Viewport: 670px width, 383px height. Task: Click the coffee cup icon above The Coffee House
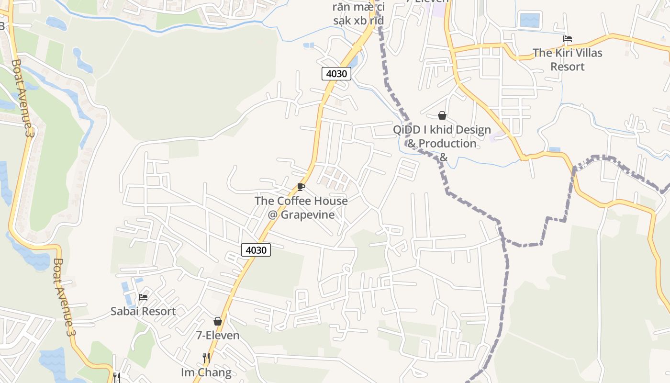tap(301, 187)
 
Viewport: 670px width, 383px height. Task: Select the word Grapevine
tap(308, 214)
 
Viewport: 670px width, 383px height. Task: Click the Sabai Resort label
tap(143, 311)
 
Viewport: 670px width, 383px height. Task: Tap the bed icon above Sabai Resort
tap(143, 297)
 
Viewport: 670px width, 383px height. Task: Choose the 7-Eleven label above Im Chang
tap(218, 335)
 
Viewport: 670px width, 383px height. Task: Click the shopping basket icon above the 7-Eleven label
tap(218, 321)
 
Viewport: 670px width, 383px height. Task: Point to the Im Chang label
tap(206, 372)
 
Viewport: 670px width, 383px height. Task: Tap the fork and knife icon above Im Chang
tap(206, 358)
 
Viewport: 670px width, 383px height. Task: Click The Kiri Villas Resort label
tap(568, 59)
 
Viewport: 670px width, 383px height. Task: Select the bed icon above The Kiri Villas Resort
tap(568, 39)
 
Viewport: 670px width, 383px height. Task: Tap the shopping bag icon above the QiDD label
tap(442, 115)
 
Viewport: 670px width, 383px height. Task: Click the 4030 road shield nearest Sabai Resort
tap(256, 250)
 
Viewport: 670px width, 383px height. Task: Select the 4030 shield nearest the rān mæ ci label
tap(337, 74)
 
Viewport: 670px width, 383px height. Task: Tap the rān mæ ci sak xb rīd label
tap(358, 14)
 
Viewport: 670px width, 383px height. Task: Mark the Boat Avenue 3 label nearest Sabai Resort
tap(63, 297)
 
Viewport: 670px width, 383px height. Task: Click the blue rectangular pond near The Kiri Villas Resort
tap(529, 20)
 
